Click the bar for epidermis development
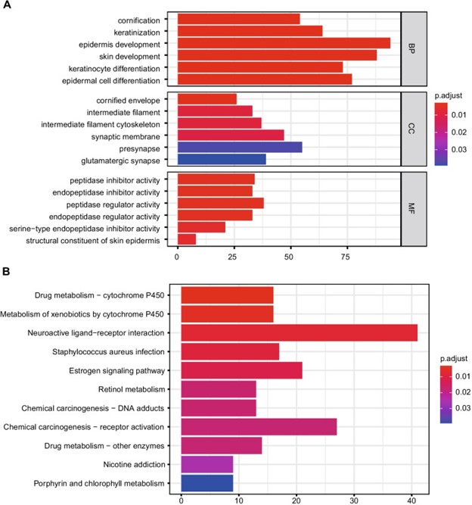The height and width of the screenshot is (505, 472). tap(284, 44)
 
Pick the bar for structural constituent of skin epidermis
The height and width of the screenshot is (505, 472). tap(186, 240)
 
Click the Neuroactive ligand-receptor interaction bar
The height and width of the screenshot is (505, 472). tap(299, 332)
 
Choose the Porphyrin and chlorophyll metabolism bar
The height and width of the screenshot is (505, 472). tap(206, 482)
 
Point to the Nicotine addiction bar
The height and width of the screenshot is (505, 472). tap(206, 463)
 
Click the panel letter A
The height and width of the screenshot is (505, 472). tap(6, 6)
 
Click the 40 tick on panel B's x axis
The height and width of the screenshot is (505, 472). tap(411, 499)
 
